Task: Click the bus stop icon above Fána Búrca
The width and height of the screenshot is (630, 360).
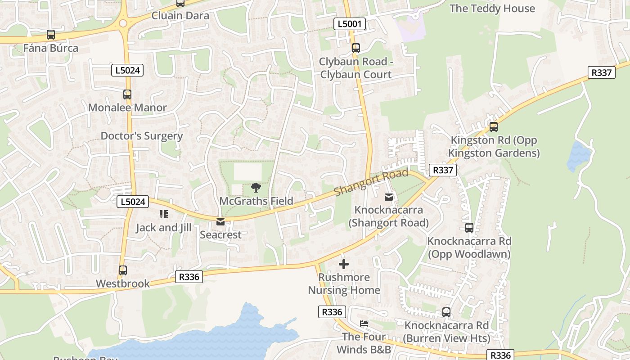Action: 51,35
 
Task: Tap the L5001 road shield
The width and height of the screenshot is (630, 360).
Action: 350,24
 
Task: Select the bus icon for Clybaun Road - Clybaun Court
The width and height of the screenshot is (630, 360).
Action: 356,48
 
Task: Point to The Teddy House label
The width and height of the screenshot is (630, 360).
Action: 492,9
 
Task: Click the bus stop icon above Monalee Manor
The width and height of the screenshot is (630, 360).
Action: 127,94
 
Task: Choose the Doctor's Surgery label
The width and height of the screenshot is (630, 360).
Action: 141,136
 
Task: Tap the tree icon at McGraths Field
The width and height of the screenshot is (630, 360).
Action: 256,188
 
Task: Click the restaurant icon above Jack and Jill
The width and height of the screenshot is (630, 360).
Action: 163,214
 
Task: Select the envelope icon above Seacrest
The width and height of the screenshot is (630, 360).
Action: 220,222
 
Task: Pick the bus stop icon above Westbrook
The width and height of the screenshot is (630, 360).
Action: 123,270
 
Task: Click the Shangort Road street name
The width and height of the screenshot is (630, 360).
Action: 371,182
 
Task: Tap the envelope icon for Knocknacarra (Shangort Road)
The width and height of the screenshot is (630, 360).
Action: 389,197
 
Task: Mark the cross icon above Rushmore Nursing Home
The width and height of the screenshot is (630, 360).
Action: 344,264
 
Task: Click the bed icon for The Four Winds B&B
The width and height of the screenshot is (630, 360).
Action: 364,324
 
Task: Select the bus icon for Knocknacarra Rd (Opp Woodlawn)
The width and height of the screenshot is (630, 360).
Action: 469,228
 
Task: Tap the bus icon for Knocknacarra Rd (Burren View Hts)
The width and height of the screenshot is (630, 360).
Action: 446,312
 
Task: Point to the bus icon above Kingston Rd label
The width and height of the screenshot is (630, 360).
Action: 494,127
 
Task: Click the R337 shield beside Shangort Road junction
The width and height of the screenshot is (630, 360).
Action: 443,170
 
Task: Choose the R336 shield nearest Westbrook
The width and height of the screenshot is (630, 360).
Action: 189,277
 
